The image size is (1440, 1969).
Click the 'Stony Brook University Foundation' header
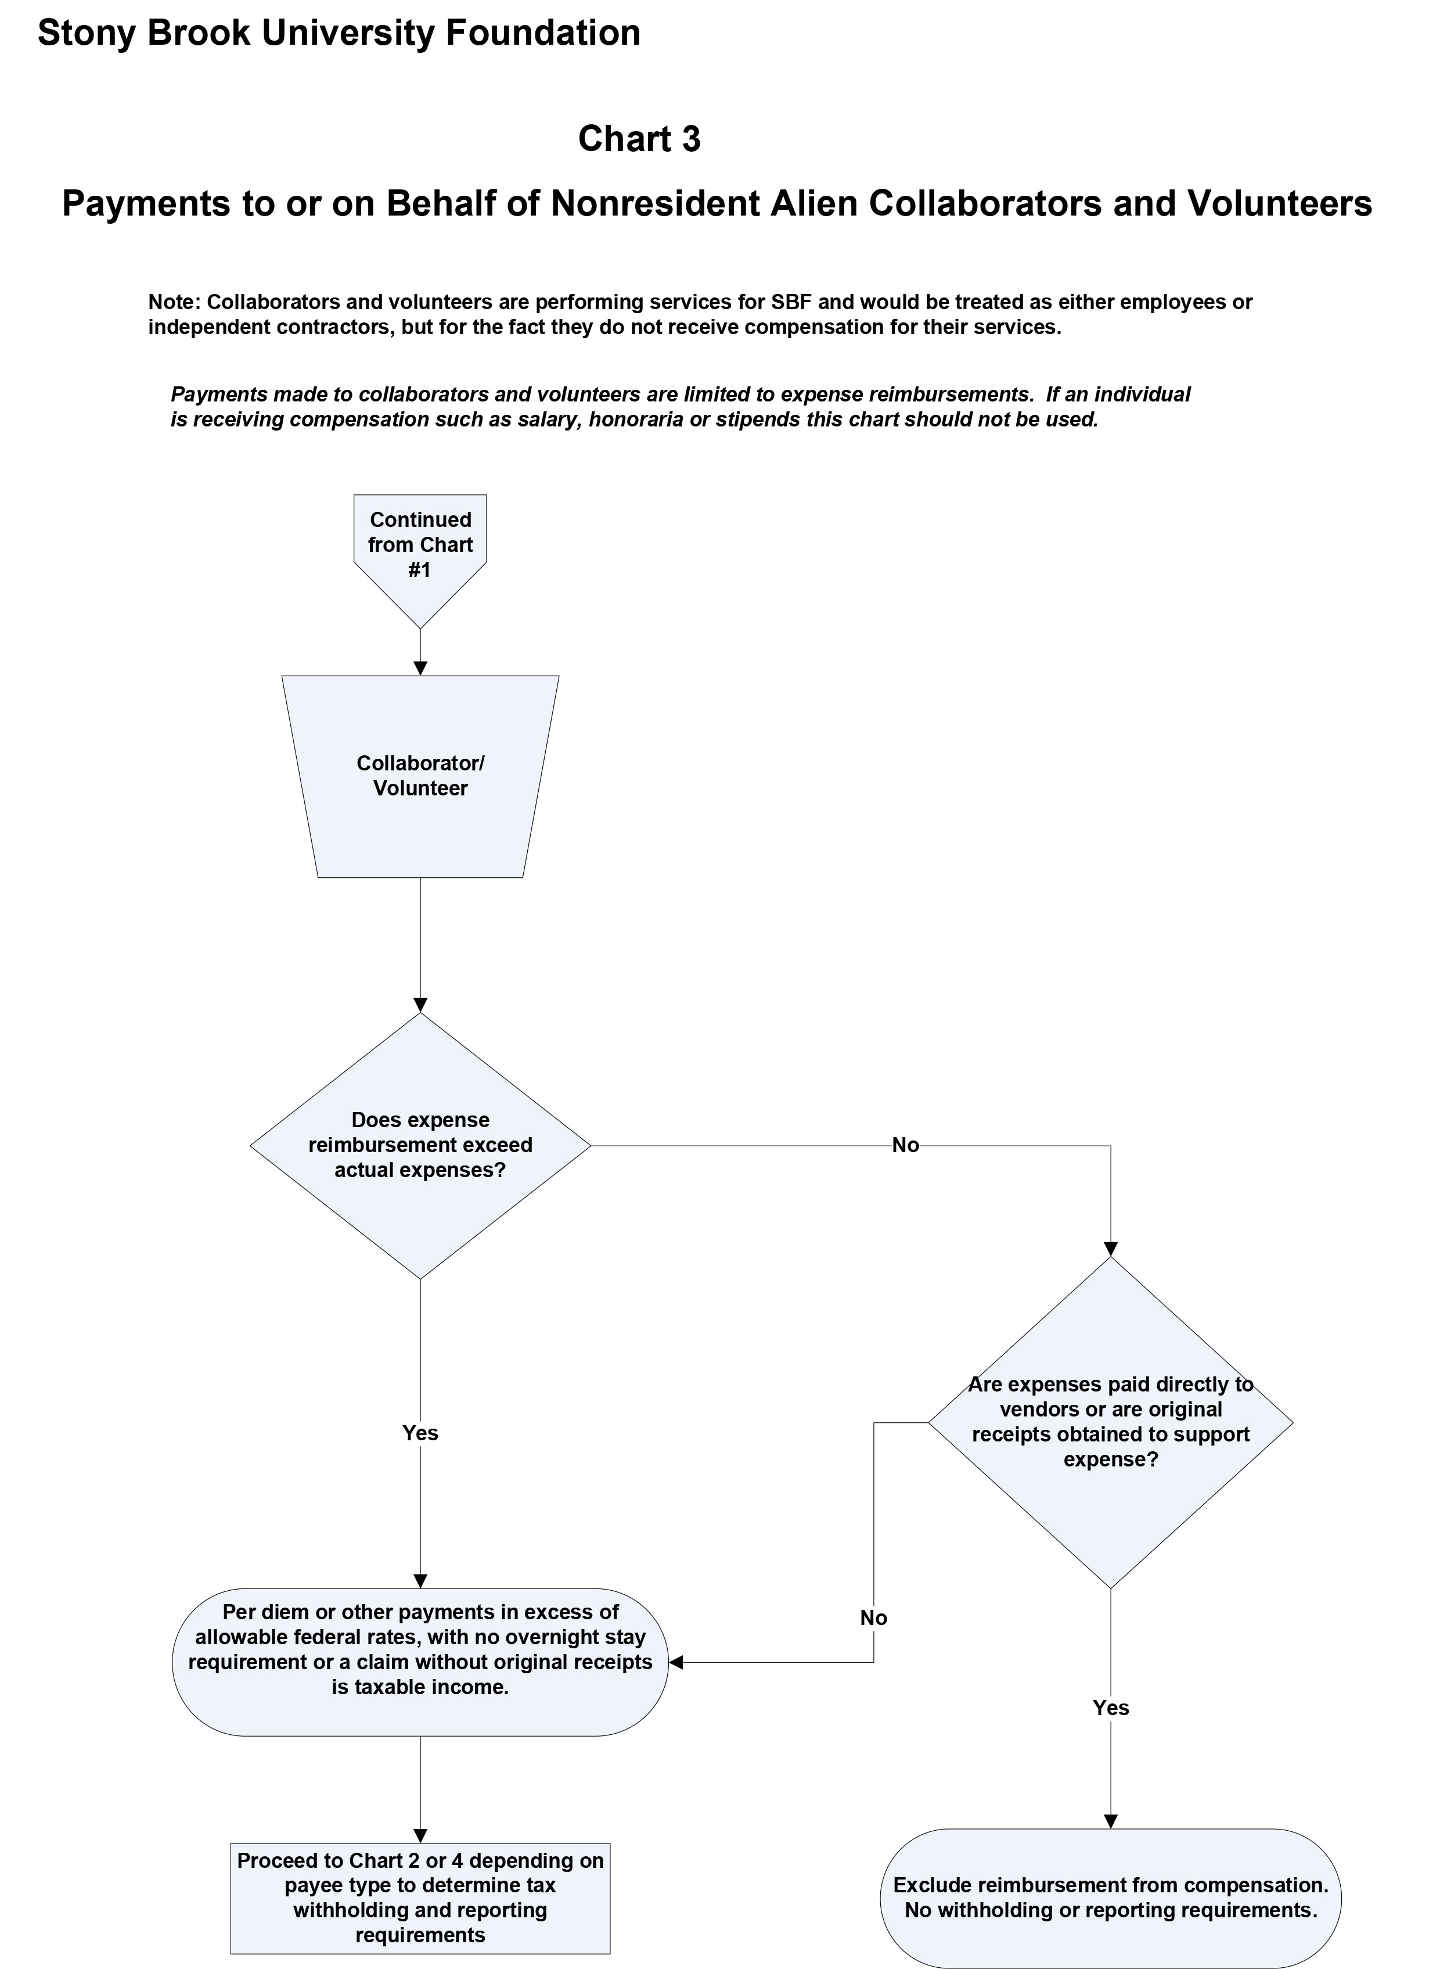tap(339, 33)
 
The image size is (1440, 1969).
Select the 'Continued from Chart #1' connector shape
tap(420, 545)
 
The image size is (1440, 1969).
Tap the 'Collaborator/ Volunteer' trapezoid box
tap(420, 776)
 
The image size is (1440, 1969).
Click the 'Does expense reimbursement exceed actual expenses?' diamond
tap(420, 1145)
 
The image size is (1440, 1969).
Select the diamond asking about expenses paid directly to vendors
tap(1111, 1422)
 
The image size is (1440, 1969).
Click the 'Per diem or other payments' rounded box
tap(420, 1662)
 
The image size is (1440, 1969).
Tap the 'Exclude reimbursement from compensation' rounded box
tap(1111, 1898)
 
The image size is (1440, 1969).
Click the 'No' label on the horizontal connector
tap(906, 1146)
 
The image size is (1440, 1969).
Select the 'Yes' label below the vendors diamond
tap(1111, 1708)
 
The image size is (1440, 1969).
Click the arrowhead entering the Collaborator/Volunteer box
tap(420, 669)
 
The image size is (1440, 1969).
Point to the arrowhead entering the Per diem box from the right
tap(675, 1663)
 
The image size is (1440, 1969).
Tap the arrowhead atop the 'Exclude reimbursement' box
tap(1111, 1821)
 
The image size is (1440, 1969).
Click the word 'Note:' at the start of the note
tap(174, 303)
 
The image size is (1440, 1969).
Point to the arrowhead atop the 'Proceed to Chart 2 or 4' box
tap(420, 1835)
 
